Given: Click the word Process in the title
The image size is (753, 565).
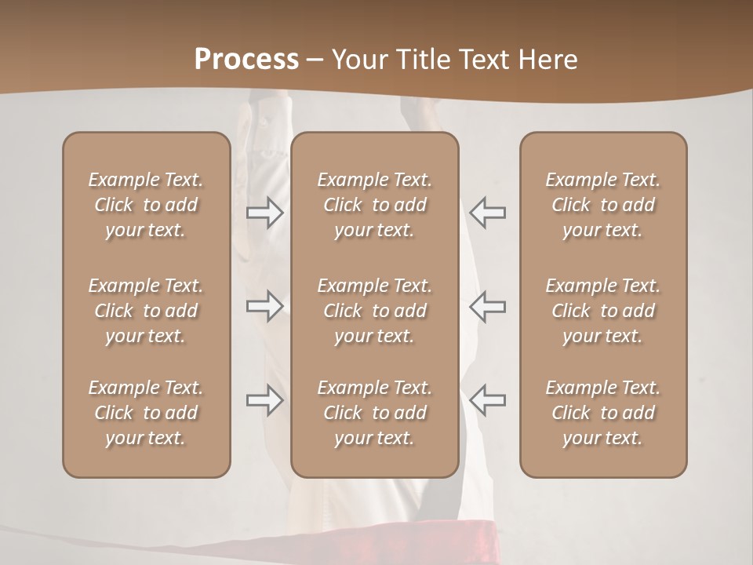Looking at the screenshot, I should [246, 60].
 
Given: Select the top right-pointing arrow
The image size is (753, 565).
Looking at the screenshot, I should [265, 213].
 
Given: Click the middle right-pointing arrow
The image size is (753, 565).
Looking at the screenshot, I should [265, 306].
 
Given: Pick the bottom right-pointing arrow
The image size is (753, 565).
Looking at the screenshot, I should [265, 400].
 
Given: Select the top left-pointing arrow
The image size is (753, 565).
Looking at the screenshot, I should [487, 213].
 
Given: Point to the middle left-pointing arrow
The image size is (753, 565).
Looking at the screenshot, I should [487, 306].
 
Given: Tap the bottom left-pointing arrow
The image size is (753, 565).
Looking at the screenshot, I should [487, 400].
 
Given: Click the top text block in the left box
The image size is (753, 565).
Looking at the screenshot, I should [146, 205].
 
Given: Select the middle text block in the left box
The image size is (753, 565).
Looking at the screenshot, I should [146, 311].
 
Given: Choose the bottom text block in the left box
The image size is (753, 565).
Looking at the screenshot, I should [146, 413].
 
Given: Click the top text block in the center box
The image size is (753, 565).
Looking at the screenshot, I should [374, 205].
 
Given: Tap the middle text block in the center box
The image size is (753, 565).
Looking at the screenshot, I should [374, 311].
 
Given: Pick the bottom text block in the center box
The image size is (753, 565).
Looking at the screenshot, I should [374, 413].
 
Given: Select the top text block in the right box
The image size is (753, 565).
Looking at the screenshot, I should [602, 205].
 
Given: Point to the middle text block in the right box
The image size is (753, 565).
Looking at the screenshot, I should [602, 311].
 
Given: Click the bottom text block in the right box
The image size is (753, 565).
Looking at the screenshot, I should [602, 413].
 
